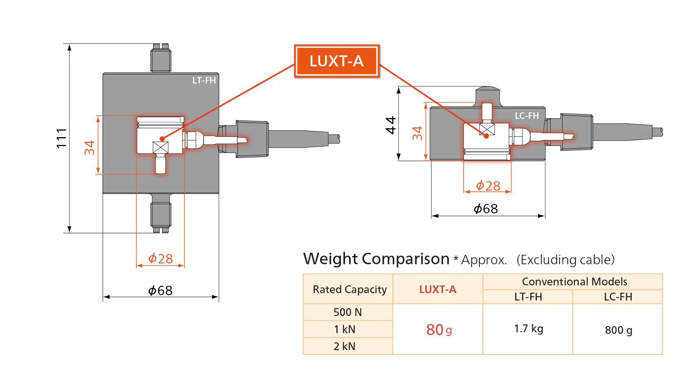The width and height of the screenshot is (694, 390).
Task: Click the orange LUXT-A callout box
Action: tap(336, 61)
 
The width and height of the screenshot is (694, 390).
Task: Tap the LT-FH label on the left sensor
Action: tap(204, 81)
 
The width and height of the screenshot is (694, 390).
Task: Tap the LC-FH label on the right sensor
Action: tap(527, 116)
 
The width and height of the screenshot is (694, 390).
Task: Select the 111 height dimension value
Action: tap(61, 138)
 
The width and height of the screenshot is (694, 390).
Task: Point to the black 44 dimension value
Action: tap(391, 125)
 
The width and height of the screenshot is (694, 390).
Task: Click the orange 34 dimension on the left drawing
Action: tap(90, 147)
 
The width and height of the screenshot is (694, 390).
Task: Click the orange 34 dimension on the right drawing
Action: tap(417, 133)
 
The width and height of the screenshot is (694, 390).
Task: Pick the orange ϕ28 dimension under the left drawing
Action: tap(160, 259)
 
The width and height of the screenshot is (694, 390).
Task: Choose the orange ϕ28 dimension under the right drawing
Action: tap(488, 186)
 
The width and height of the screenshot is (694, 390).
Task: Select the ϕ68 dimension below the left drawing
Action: tap(160, 291)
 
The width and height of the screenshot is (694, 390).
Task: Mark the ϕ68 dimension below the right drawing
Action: tap(486, 209)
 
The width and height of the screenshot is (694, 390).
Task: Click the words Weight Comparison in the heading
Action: tap(376, 259)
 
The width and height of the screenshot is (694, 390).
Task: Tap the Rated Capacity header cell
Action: tap(349, 289)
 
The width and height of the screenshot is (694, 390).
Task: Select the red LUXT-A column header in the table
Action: tap(438, 289)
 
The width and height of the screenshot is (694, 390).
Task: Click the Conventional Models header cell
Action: tap(574, 282)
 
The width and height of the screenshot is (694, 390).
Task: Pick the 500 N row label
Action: tap(348, 312)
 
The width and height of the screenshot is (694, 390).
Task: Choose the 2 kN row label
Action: tap(345, 346)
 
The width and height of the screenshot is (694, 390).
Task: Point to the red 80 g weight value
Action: tap(439, 330)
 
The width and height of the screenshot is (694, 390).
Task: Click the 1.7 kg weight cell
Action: tap(528, 329)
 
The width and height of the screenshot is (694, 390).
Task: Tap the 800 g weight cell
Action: tap(618, 330)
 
